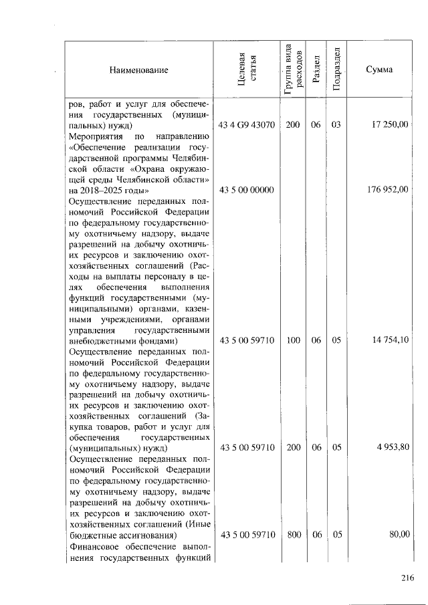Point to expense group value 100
293,340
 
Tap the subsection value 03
336,125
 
